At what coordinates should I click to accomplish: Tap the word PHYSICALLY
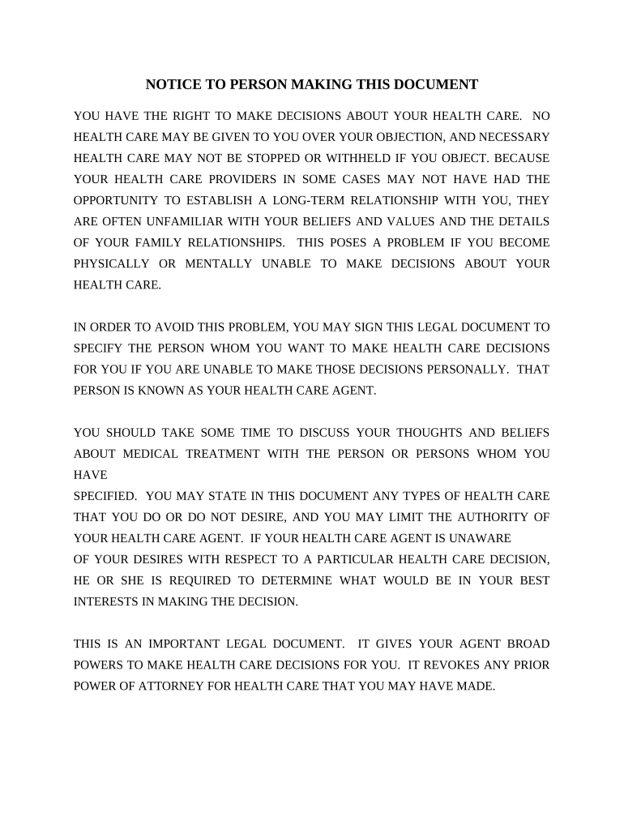coord(112,263)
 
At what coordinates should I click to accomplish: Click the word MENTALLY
coord(217,263)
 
